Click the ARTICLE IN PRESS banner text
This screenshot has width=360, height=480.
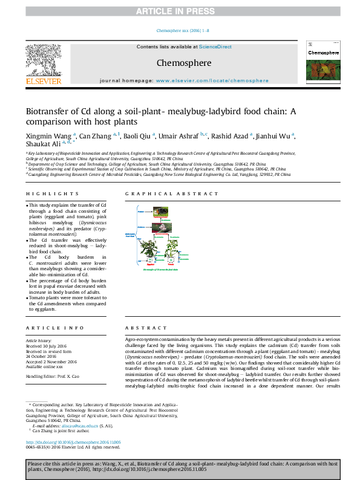point(180,11)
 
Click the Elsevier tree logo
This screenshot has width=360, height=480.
point(43,60)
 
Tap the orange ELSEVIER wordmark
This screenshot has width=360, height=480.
point(43,81)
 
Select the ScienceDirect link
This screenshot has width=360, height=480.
point(216,47)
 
